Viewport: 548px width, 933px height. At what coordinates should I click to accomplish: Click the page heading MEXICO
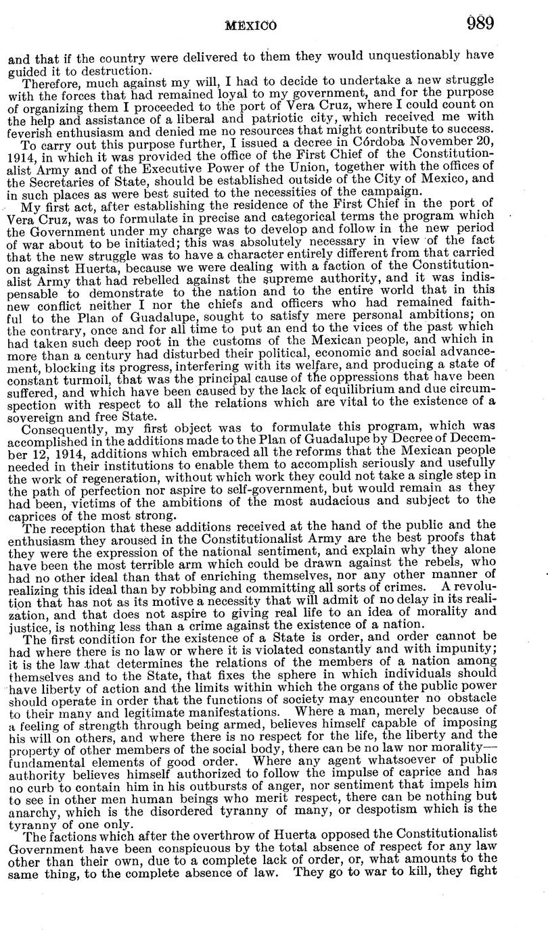[252, 26]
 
